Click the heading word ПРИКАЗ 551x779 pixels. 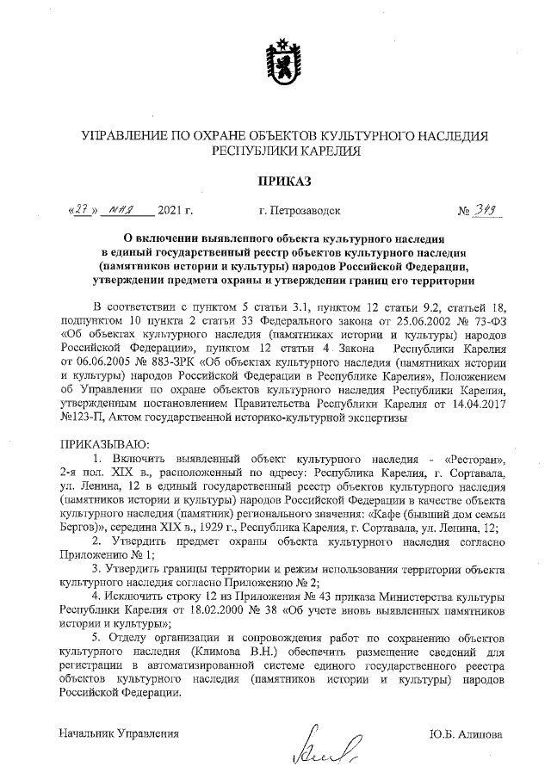[x=275, y=180]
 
